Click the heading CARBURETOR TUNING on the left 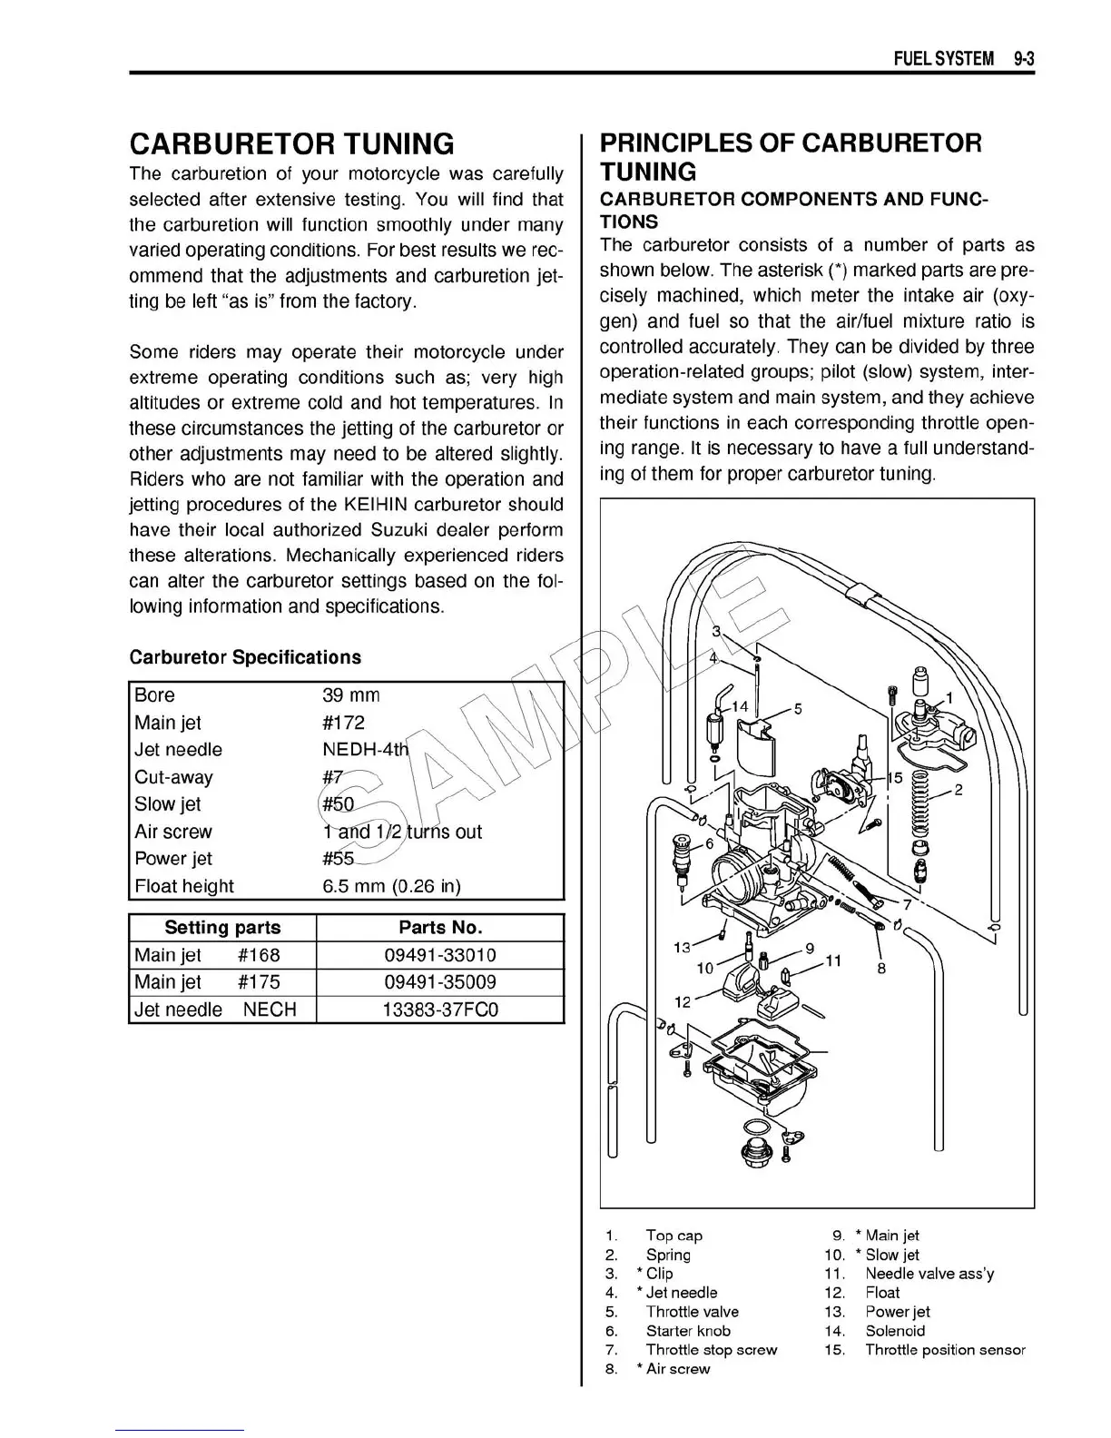[x=291, y=143]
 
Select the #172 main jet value [x=343, y=723]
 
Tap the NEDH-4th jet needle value [x=366, y=750]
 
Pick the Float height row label [x=183, y=886]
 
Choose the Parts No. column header [x=440, y=928]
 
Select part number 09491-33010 [x=440, y=955]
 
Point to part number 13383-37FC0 [x=440, y=1010]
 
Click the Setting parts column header [x=222, y=928]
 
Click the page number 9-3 [x=1025, y=59]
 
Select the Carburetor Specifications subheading [x=245, y=657]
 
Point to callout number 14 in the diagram [x=740, y=706]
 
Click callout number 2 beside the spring [x=958, y=790]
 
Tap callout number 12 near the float [x=683, y=1001]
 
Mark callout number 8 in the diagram [x=881, y=968]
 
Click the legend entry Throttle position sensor [x=945, y=1350]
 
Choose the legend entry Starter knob [x=688, y=1331]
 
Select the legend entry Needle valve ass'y [x=929, y=1274]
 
